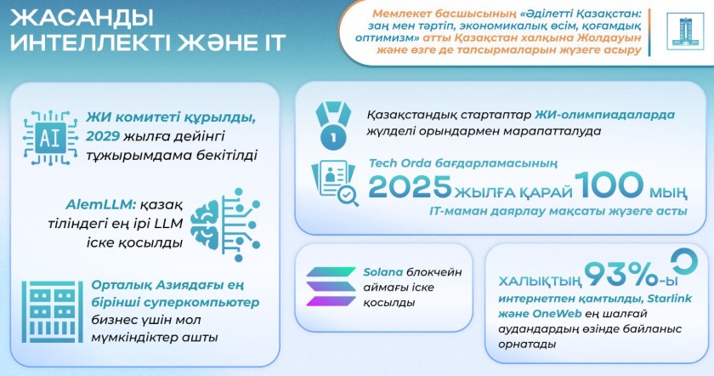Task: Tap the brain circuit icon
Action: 225,225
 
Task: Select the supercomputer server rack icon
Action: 53,311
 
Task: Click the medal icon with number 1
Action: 333,125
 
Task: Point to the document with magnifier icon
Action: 335,183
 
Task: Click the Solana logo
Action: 331,287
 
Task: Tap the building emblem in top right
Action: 681,31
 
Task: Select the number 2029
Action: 103,136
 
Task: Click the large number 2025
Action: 410,186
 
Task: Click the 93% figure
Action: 620,275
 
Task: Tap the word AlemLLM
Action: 100,205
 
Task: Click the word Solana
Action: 383,272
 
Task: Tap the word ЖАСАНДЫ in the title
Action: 82,18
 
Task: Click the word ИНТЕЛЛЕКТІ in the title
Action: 90,43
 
